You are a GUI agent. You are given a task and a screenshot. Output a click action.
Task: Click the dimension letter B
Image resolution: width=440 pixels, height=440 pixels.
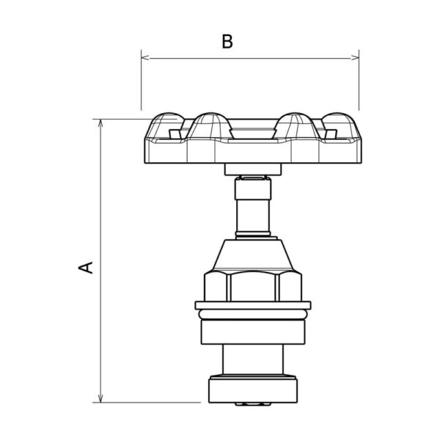pos(227,42)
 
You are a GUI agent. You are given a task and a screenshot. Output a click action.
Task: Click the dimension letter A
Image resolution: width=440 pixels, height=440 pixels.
pos(86,268)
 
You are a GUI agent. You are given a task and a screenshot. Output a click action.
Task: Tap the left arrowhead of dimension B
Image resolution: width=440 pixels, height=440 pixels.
pos(145,58)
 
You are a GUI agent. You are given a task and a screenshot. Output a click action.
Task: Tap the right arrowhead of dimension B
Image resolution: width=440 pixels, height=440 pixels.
pos(355,58)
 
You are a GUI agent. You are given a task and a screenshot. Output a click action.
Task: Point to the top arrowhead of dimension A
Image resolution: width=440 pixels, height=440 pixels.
pos(100,123)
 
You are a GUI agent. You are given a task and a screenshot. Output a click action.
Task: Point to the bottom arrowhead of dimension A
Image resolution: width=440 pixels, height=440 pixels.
pos(100,398)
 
